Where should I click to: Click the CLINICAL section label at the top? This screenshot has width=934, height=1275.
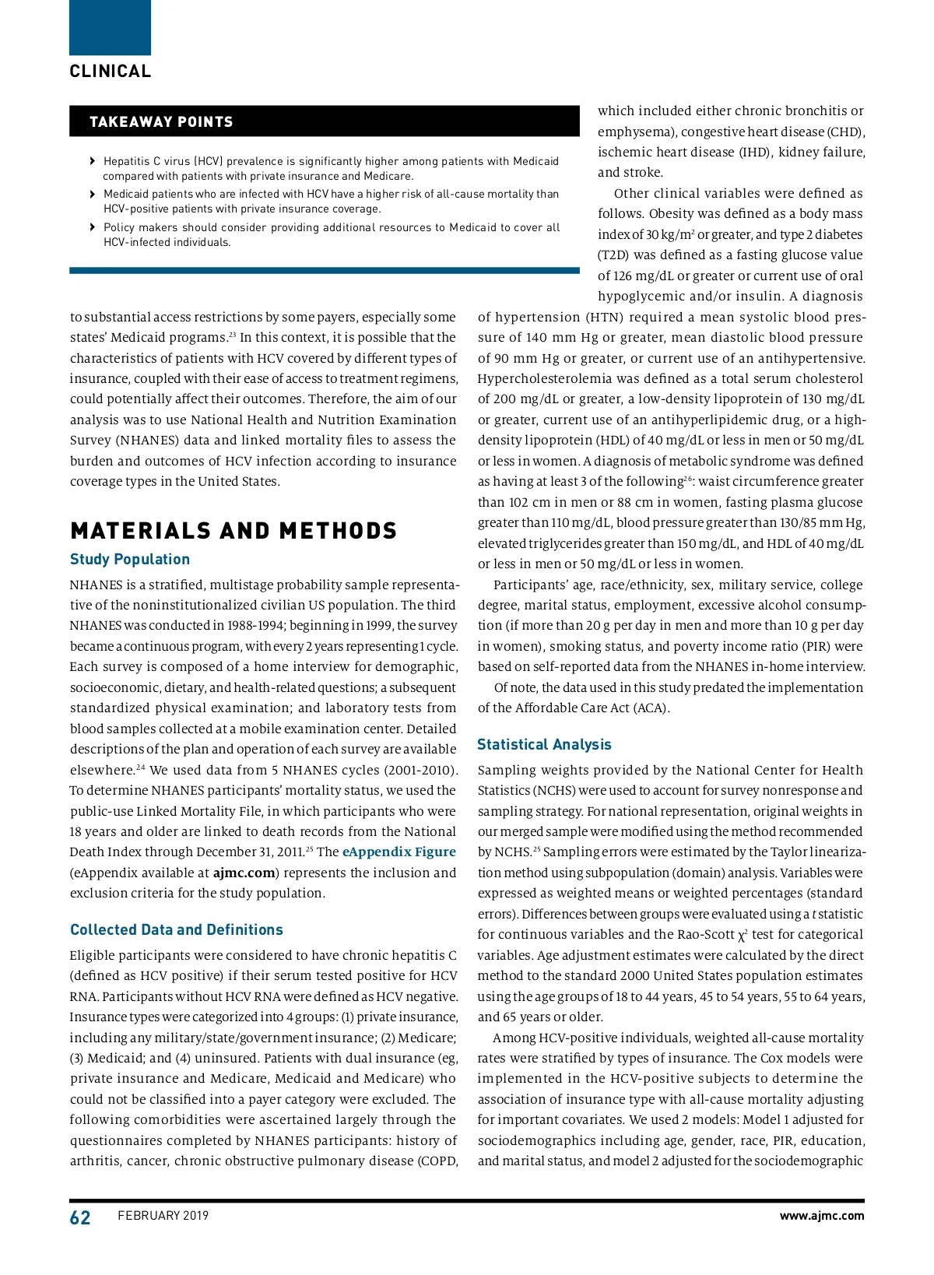(x=110, y=72)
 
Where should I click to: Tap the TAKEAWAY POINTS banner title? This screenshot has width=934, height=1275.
(x=161, y=122)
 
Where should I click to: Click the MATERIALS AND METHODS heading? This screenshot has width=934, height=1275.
(x=233, y=531)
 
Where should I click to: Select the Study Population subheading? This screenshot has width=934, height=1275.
(x=130, y=560)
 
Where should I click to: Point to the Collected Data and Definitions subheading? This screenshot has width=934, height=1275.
(x=177, y=930)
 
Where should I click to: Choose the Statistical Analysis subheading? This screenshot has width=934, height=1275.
(x=544, y=745)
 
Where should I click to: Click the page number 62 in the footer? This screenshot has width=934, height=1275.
(x=80, y=1218)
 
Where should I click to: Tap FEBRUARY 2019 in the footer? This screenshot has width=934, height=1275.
(x=163, y=1216)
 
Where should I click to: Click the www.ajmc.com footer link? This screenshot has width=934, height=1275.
(x=822, y=1216)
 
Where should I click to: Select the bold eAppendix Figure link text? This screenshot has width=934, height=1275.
(x=399, y=852)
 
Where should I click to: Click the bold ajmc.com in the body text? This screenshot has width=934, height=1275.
(x=244, y=873)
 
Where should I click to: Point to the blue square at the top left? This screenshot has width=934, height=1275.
(x=110, y=27)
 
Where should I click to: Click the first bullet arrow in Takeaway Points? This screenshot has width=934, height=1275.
(x=93, y=162)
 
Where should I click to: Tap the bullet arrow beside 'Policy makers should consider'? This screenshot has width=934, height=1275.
(x=93, y=227)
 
